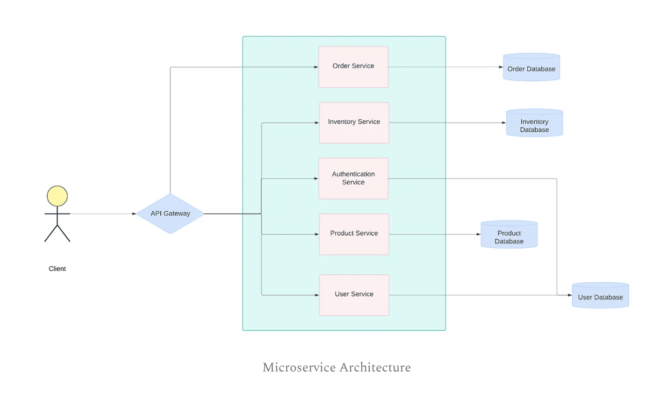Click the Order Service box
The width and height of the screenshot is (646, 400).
click(353, 67)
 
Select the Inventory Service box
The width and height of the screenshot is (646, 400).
click(354, 122)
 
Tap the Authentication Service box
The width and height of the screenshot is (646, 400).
click(353, 179)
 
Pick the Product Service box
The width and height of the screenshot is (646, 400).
click(354, 234)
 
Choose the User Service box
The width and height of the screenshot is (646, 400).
click(354, 295)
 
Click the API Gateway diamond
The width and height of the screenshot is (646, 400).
click(170, 214)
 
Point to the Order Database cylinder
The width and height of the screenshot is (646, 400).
click(531, 67)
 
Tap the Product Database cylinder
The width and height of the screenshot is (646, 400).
click(509, 235)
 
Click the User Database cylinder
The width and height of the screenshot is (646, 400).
click(600, 295)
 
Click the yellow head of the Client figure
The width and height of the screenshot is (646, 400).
click(57, 196)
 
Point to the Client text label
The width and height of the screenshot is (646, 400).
click(57, 269)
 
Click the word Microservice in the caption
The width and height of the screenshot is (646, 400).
click(299, 367)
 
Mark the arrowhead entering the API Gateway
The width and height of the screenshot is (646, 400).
click(134, 214)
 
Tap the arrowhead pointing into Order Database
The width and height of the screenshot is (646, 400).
click(501, 67)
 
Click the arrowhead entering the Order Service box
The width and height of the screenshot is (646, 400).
click(316, 67)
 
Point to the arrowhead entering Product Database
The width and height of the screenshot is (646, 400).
click(479, 235)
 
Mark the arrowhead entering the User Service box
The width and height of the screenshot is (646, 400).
click(316, 295)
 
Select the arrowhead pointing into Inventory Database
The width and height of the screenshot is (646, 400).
click(504, 123)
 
